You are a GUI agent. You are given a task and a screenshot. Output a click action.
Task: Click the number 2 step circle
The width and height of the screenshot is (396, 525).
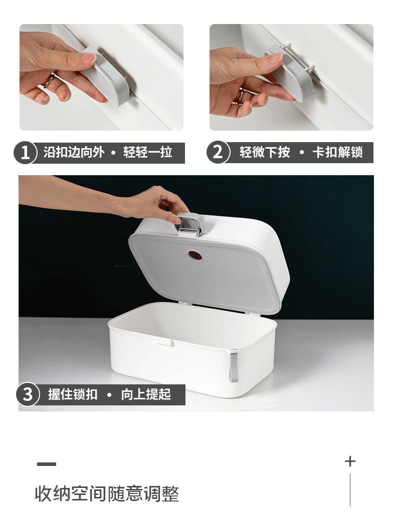(218, 152)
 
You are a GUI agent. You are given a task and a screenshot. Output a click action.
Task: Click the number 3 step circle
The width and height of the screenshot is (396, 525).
(28, 395)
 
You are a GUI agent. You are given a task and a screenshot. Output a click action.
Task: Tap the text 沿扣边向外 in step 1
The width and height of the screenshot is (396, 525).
(73, 153)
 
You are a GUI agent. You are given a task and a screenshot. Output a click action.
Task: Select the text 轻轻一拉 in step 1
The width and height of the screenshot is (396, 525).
(148, 153)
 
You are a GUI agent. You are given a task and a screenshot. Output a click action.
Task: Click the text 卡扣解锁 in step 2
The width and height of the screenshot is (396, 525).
(337, 152)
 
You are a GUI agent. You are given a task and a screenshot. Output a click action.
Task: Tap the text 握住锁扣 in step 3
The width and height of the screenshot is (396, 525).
(73, 394)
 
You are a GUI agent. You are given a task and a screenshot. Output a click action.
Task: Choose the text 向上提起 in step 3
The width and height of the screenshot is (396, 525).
(146, 394)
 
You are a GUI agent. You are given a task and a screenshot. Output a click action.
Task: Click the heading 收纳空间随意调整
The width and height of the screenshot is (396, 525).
(107, 494)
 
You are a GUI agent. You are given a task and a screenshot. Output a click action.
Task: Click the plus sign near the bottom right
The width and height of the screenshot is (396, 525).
(350, 461)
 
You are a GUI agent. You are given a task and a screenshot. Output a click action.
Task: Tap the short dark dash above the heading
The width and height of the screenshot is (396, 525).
(47, 464)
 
